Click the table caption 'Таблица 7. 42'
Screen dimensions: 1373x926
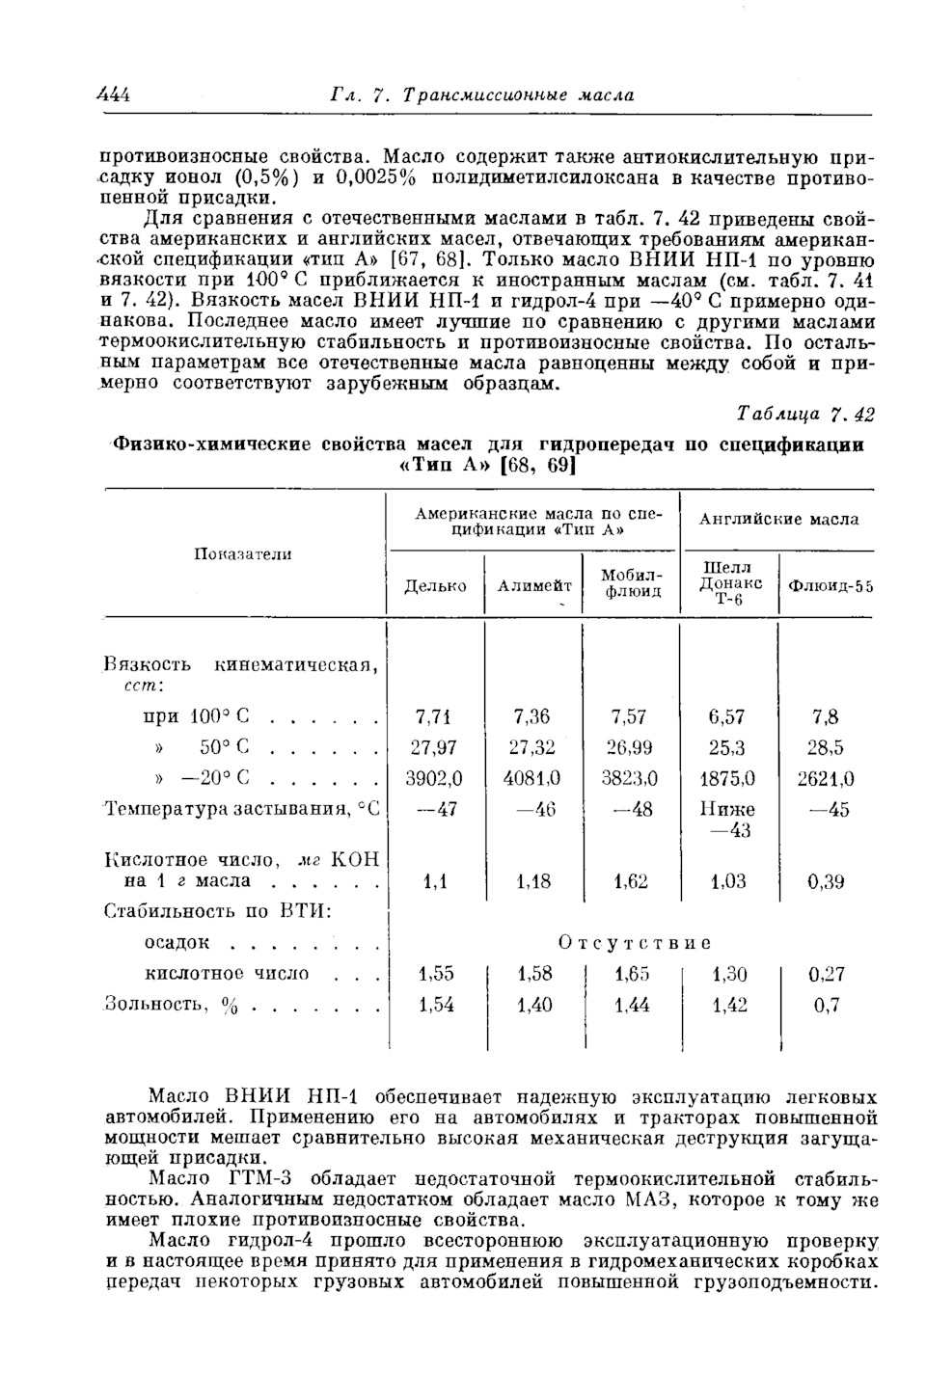pyautogui.click(x=805, y=415)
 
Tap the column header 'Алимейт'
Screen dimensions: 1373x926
pyautogui.click(x=533, y=586)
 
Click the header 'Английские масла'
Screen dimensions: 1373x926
pyautogui.click(x=777, y=520)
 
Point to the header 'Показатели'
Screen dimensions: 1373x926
pyautogui.click(x=243, y=553)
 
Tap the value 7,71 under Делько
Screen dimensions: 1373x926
pyautogui.click(x=434, y=716)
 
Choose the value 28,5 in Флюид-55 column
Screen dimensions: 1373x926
pyautogui.click(x=826, y=747)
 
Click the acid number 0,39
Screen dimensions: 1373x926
pyautogui.click(x=826, y=880)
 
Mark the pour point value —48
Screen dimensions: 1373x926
pyautogui.click(x=632, y=809)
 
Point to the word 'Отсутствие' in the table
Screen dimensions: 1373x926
pyautogui.click(x=634, y=942)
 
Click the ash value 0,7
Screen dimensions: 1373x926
pyautogui.click(x=826, y=1005)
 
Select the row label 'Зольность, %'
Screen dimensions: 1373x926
pyautogui.click(x=171, y=1005)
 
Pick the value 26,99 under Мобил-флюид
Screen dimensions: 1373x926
pyautogui.click(x=630, y=747)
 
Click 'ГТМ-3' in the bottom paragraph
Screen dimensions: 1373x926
pyautogui.click(x=258, y=1179)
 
